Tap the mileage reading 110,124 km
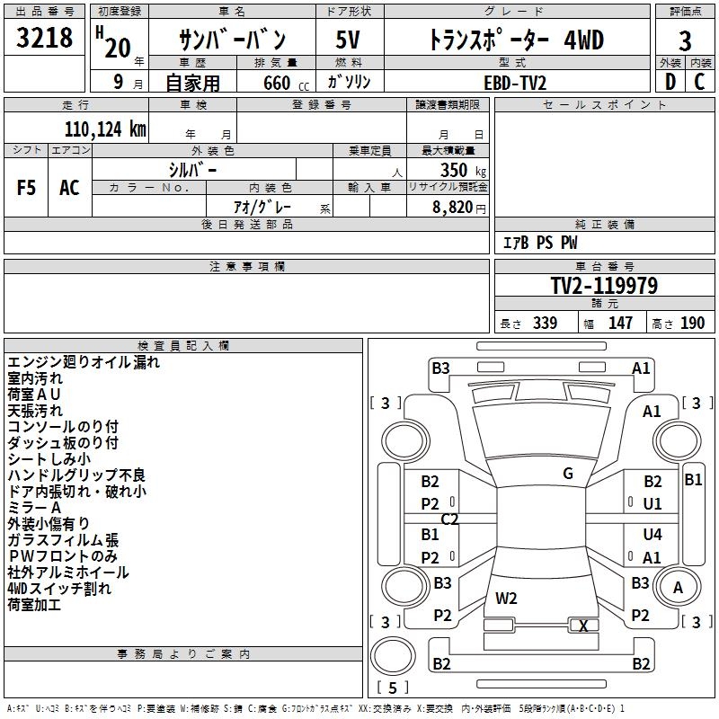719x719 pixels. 105,129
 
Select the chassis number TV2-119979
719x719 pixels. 604,286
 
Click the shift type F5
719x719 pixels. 27,188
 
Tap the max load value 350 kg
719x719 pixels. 463,169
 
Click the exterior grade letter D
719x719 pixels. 670,82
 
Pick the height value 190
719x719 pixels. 692,324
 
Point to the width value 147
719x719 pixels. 620,324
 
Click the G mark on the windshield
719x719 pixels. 568,474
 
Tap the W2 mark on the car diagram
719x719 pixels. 506,598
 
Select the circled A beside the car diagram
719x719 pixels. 679,587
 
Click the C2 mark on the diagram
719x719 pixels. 449,519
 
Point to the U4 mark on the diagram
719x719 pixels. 652,535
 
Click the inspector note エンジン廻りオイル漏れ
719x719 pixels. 83,362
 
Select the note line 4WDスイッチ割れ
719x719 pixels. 59,589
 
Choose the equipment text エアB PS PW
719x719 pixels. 539,244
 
